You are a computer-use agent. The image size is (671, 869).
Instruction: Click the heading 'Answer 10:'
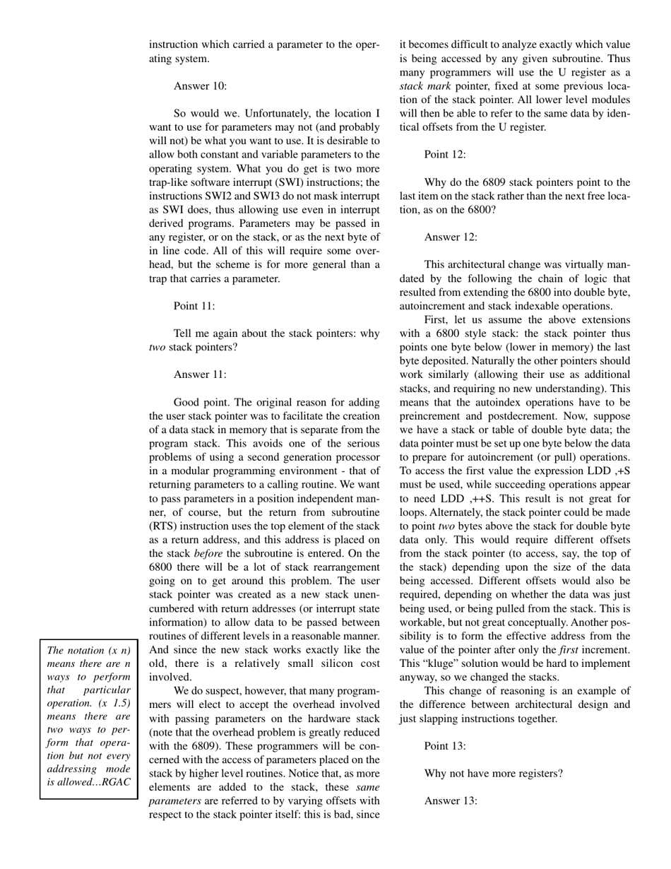200,86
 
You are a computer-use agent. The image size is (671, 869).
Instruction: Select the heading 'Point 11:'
194,306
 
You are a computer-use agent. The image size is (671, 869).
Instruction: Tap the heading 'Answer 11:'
200,374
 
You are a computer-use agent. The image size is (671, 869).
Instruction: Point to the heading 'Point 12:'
445,155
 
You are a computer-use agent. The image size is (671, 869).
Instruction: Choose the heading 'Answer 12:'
451,237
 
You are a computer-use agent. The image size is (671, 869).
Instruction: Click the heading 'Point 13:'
445,746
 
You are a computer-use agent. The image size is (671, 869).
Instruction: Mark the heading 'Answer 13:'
451,800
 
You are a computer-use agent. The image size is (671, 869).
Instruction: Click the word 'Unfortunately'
259,113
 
